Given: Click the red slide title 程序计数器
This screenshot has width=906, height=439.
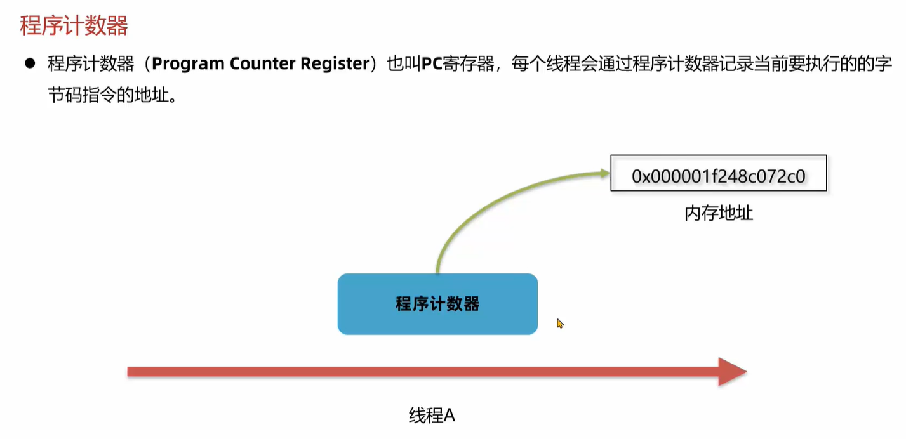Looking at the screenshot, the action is click(74, 26).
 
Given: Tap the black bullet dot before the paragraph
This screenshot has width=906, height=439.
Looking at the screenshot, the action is click(29, 63).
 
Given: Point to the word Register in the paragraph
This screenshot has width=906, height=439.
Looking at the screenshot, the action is click(336, 64).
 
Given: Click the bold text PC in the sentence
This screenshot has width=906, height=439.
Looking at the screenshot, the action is click(431, 64).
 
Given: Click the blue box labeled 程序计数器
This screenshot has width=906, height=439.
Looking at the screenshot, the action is click(437, 304).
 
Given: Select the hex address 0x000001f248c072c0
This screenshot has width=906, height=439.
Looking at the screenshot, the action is click(718, 176).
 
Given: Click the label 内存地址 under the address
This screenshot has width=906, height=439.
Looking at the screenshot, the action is click(719, 213).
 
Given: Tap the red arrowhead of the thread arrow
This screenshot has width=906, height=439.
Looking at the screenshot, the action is click(732, 372).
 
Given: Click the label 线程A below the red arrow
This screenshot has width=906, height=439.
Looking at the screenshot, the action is click(432, 416).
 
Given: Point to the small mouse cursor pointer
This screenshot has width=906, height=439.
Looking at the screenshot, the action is click(560, 324).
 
